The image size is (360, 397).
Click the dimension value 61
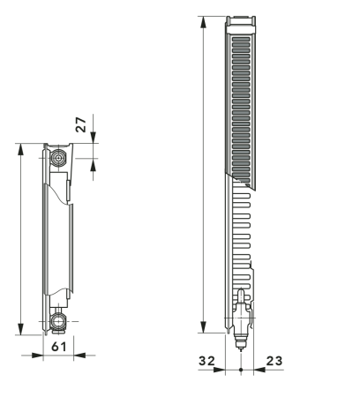pos(59,347)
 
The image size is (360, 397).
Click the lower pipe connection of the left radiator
pos(59,321)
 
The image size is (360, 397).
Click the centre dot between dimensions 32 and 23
pos(241,369)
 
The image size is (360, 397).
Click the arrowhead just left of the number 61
pos(39,356)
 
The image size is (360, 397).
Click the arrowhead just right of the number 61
pos(78,356)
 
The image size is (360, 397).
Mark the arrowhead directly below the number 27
pos(92,156)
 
